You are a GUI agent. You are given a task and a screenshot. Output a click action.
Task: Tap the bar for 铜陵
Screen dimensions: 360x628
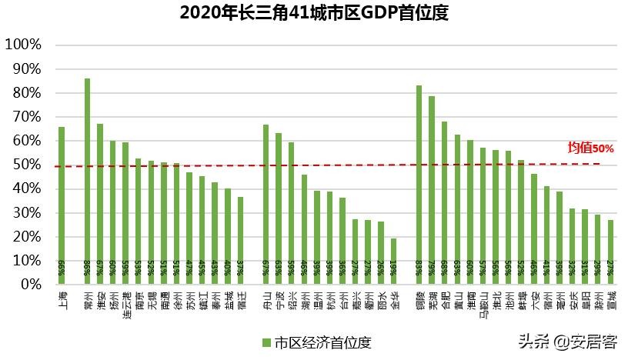[x=419, y=185]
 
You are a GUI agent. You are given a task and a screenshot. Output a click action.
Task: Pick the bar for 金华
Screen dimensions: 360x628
[x=394, y=261]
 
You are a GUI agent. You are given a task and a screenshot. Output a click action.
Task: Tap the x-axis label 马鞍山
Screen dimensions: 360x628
[x=483, y=305]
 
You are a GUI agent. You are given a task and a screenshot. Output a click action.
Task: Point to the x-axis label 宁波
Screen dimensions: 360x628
[x=279, y=300]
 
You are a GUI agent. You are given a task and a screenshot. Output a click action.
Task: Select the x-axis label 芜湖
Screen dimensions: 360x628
[x=432, y=300]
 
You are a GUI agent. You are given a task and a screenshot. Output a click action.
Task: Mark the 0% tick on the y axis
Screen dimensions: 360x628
[x=29, y=284]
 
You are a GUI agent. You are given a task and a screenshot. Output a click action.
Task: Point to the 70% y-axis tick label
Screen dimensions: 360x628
[x=25, y=117]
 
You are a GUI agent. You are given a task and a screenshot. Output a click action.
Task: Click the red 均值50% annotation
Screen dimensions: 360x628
[x=590, y=148]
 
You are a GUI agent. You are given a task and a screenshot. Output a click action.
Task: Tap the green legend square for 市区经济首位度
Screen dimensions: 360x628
[x=266, y=342]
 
